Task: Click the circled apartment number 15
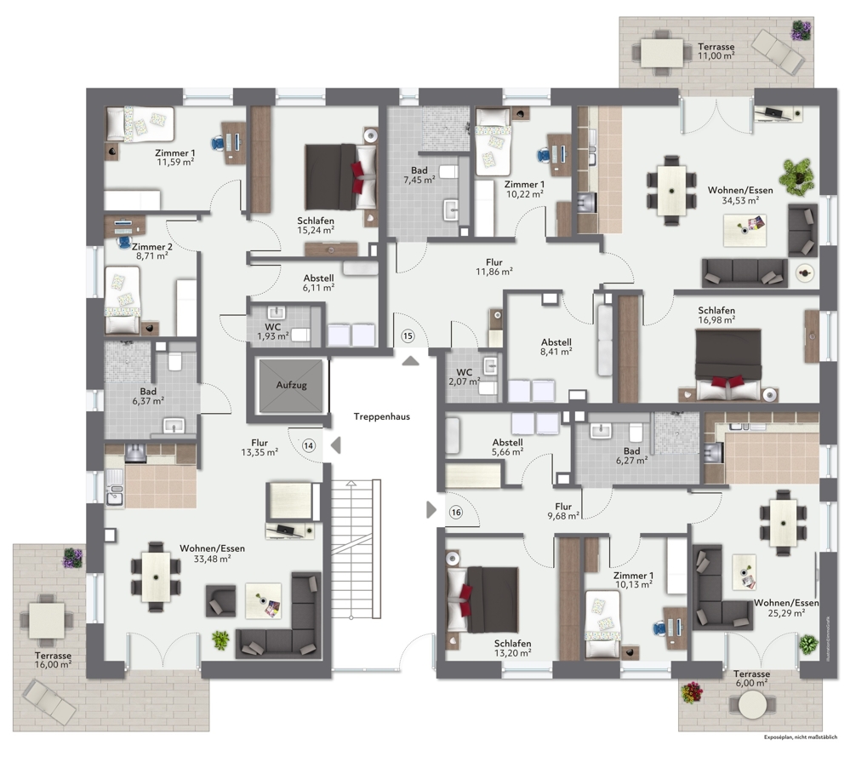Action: pos(408,336)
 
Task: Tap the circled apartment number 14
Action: pos(308,445)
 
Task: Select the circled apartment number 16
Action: pos(456,512)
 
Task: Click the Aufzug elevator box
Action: pos(291,386)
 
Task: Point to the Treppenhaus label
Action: pos(382,417)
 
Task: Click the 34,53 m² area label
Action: pos(740,200)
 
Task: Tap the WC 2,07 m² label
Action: pos(464,377)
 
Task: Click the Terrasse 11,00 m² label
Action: pos(716,51)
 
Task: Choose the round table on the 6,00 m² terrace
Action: pos(752,705)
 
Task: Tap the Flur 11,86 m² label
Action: pos(493,267)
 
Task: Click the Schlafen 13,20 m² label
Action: pos(514,649)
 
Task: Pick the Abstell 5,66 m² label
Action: pos(508,449)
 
